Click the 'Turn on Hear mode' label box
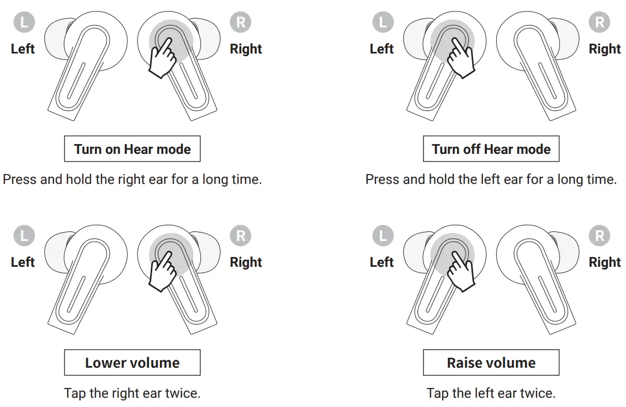(132, 149)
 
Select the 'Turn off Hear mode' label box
(491, 149)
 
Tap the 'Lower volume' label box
(132, 363)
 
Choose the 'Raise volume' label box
(491, 363)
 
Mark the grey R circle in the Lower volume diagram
(241, 236)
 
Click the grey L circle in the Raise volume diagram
(382, 236)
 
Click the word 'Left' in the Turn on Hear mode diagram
(23, 49)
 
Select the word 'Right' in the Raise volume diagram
(605, 262)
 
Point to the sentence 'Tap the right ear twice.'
(132, 393)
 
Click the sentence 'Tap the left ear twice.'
(491, 393)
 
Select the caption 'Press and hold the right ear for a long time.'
(132, 179)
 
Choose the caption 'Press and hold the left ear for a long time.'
(491, 179)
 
